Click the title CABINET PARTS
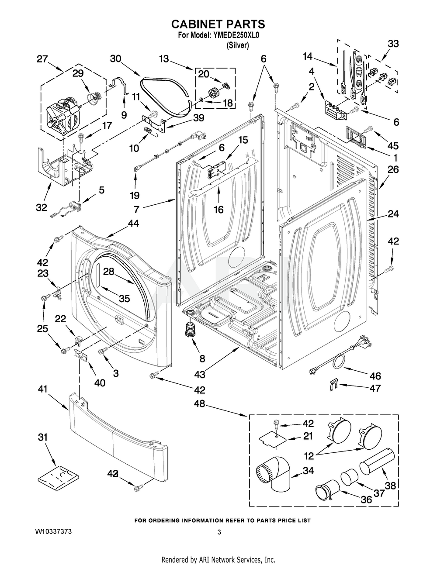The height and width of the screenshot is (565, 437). [218, 24]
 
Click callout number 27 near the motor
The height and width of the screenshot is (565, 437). [42, 59]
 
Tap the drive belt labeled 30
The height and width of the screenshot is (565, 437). [168, 94]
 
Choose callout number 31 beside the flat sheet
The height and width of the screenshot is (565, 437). [43, 437]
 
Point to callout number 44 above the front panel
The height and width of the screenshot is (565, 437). [133, 223]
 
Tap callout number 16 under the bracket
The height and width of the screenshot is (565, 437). [218, 210]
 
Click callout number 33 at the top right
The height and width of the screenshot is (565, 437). [393, 44]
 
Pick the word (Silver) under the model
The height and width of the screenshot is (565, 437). [238, 45]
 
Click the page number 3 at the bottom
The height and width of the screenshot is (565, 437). [219, 532]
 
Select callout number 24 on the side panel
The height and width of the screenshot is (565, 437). [393, 214]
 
